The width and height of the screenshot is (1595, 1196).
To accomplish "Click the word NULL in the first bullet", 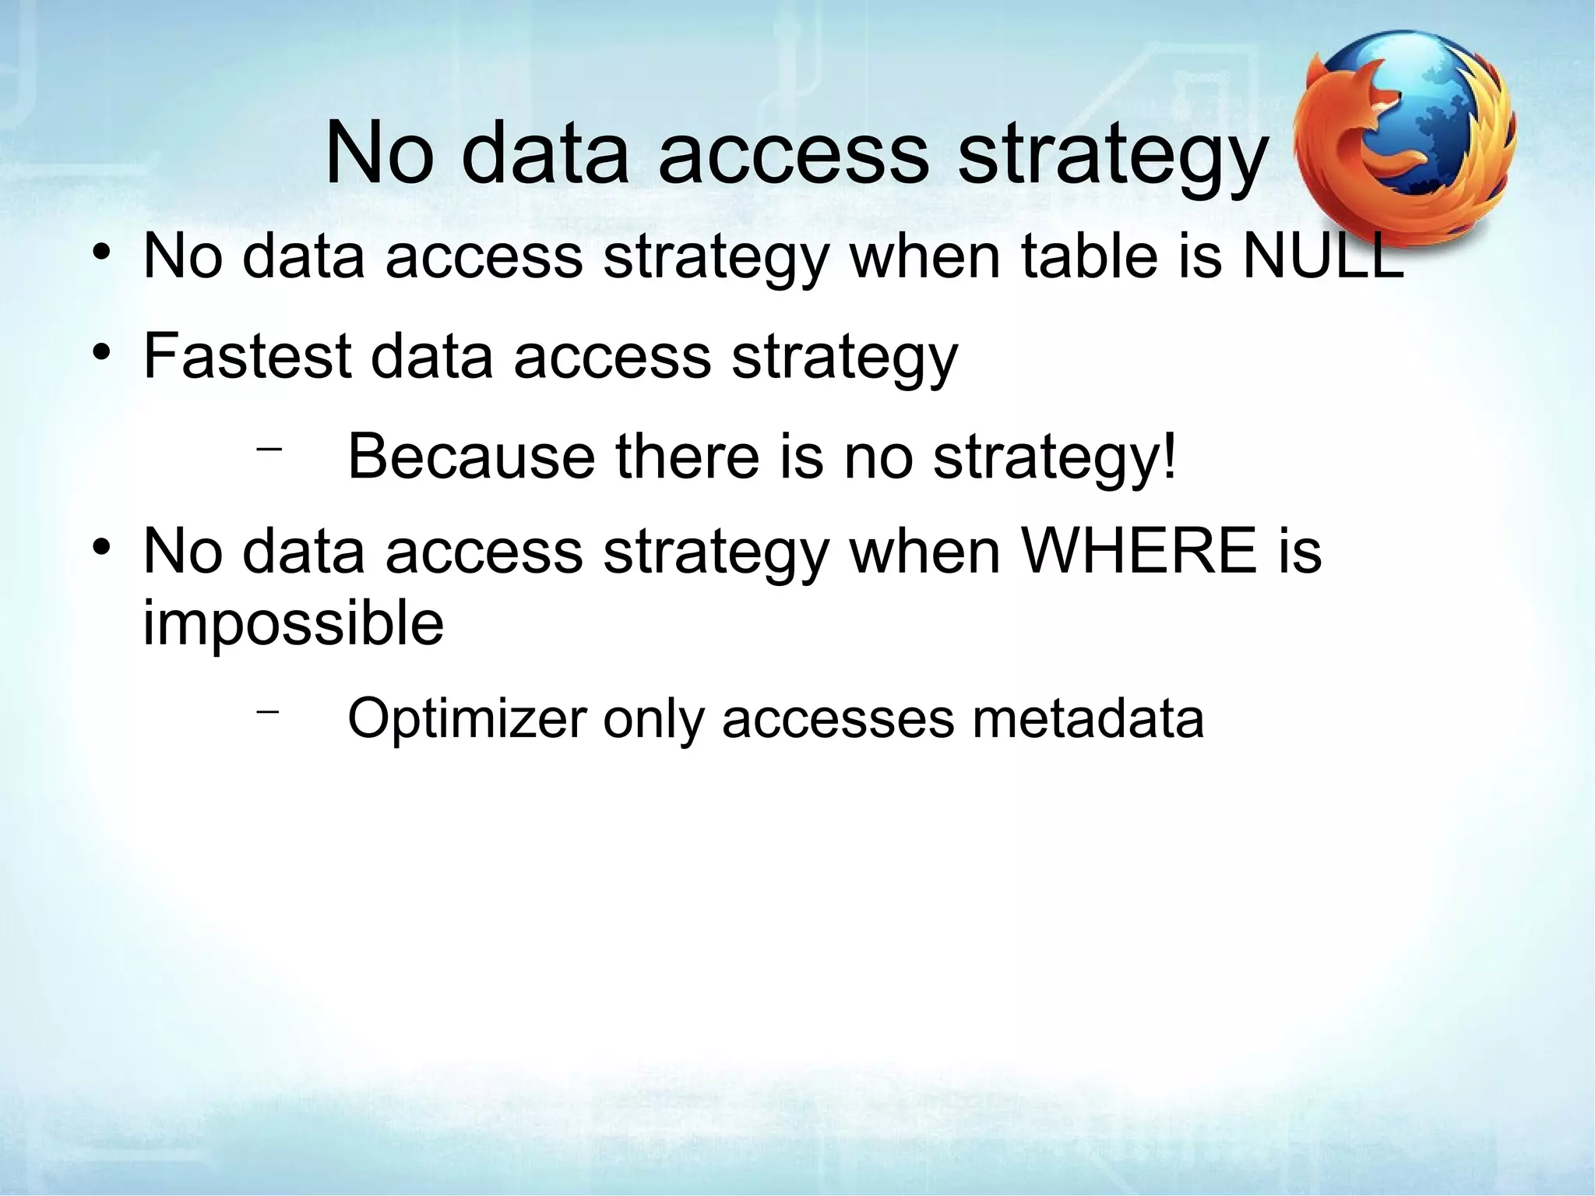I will coord(1323,256).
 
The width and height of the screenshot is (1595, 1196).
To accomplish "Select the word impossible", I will coord(293,624).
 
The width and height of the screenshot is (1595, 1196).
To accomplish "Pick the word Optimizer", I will coord(466,718).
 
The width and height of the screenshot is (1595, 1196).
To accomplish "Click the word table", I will coord(1090,256).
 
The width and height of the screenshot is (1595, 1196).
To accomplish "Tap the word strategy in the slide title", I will coord(1113,153).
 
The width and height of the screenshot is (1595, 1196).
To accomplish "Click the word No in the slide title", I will coord(379,153).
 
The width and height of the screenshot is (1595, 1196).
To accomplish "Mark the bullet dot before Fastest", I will coord(99,354).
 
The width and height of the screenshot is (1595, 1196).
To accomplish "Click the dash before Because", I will coord(268,449).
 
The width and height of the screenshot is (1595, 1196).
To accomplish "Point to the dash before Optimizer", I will coord(268,711).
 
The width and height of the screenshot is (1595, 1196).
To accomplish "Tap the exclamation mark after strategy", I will coord(1168,456).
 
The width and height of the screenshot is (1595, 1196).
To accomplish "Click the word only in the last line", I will coord(653,718).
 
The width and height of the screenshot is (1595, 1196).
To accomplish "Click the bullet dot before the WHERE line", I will coord(99,549).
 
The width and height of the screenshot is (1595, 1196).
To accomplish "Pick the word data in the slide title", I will coord(545,153).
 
